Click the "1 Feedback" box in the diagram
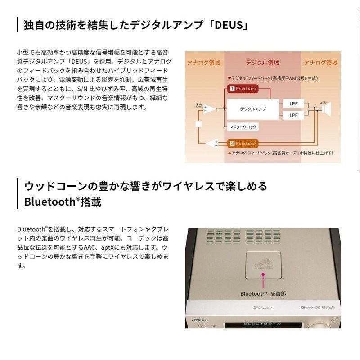[243, 89]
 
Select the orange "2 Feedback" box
[243, 144]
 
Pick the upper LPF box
[293, 104]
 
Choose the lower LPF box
[293, 116]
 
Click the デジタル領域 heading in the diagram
[262, 63]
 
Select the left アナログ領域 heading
[204, 63]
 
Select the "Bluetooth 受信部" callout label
[262, 293]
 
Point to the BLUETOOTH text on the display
[262, 324]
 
